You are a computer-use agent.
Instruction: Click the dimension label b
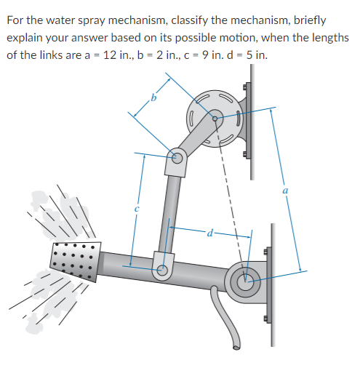(x=153, y=97)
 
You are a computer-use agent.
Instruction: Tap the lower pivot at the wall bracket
(x=244, y=277)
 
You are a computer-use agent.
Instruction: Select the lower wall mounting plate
(x=270, y=276)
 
